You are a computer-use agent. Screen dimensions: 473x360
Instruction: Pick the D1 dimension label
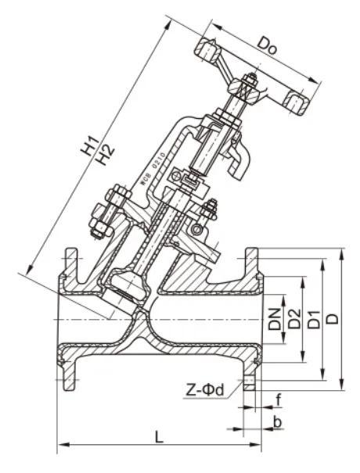(x=313, y=319)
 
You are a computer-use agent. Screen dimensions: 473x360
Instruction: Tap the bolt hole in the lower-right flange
(x=250, y=382)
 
